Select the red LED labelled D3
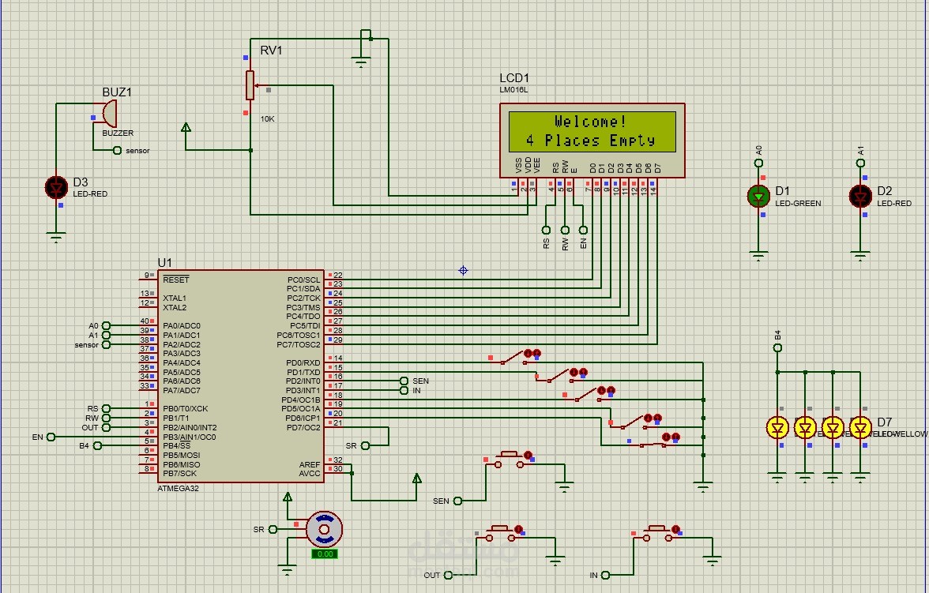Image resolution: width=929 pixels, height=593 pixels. point(56,187)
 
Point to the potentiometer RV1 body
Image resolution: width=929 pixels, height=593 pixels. point(250,85)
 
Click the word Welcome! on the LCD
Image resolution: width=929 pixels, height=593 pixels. point(591,122)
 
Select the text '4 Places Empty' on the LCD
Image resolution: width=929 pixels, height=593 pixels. point(591,141)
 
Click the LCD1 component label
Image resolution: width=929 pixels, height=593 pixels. point(514,78)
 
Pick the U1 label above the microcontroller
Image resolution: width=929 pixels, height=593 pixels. point(164,262)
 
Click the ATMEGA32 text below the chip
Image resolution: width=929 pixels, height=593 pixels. point(179,489)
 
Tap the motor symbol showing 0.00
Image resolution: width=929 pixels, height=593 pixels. point(324,528)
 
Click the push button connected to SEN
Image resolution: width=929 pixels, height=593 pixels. point(508,460)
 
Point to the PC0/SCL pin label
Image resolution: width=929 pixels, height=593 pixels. point(303,280)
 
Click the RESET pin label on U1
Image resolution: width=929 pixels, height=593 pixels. point(175,280)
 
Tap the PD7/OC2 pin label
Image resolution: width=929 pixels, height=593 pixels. point(303,427)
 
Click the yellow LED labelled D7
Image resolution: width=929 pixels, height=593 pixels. point(860,428)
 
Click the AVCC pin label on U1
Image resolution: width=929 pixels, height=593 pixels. point(310,474)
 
